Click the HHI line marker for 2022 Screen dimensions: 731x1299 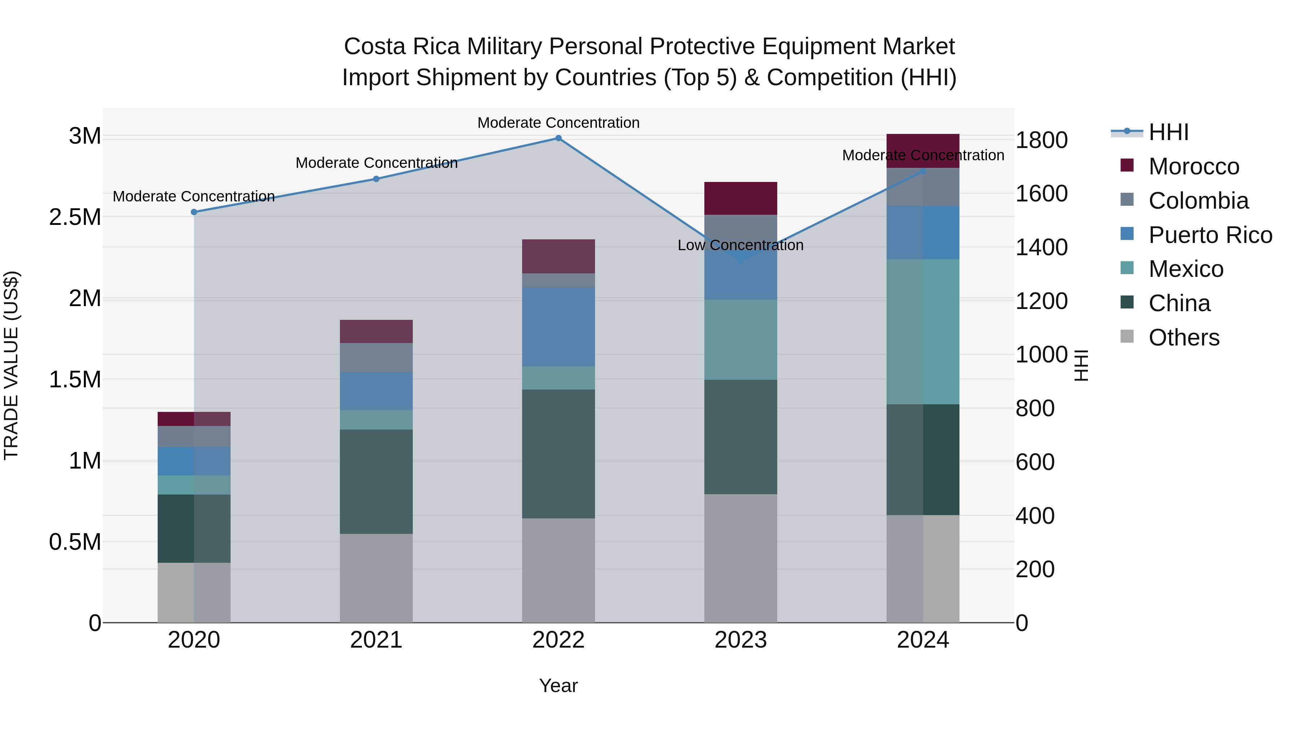558,138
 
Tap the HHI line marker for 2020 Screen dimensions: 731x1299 194,212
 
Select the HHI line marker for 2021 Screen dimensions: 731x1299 376,179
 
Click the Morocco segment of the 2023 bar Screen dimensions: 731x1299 740,198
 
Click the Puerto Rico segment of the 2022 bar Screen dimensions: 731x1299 558,327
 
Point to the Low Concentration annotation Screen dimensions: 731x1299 740,245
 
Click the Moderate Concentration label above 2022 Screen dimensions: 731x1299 558,123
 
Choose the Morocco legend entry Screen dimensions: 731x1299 1193,166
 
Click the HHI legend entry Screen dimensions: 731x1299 1168,132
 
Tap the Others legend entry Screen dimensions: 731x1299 1184,338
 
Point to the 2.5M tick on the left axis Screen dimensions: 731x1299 75,217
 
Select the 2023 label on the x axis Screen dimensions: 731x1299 740,640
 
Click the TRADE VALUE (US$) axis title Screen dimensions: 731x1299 12,365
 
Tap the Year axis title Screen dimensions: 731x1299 558,686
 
